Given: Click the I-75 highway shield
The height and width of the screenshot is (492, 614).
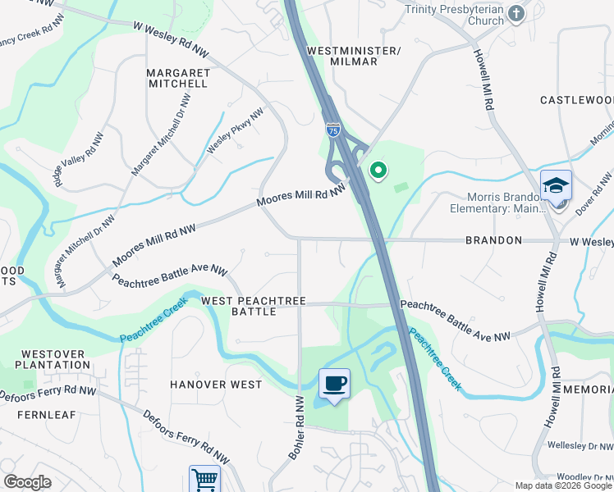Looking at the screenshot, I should (x=332, y=130).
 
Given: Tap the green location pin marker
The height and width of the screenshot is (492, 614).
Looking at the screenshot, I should (x=378, y=171).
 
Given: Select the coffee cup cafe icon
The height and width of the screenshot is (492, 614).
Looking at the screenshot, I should (x=334, y=383).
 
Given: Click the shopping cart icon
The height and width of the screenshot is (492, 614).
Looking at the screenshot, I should (x=204, y=479).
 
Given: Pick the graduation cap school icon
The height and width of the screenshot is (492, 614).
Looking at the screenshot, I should (x=556, y=184).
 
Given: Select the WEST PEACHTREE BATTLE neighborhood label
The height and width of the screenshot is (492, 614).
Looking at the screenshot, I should (x=254, y=307).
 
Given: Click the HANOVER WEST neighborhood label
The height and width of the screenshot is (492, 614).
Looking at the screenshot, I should (x=216, y=384).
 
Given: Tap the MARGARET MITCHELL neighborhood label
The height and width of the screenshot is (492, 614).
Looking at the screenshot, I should (x=177, y=78).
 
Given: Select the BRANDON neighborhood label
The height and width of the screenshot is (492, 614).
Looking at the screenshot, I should (x=493, y=240).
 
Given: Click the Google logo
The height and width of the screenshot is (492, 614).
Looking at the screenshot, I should (x=27, y=482).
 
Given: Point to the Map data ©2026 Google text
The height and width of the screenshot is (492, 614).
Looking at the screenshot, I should (x=563, y=485).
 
